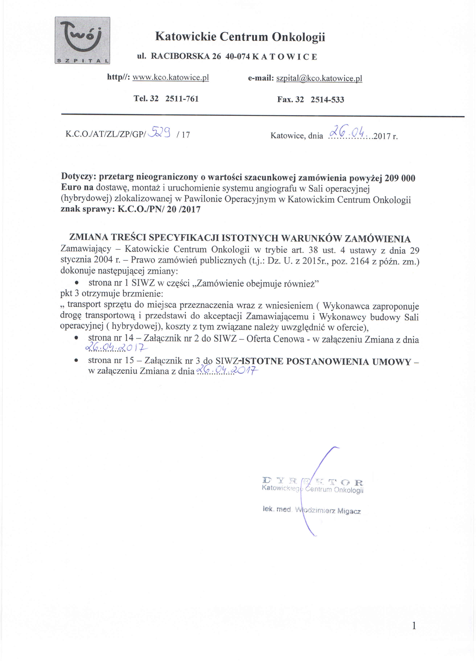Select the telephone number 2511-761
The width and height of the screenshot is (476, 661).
tap(182, 99)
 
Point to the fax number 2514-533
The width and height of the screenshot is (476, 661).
tap(327, 100)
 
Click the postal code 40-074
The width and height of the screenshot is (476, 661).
tap(238, 56)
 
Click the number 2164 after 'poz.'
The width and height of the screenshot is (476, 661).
tap(360, 261)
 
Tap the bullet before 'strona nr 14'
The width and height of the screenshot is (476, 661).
tap(76, 338)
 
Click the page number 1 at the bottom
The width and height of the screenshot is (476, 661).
tap(414, 626)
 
